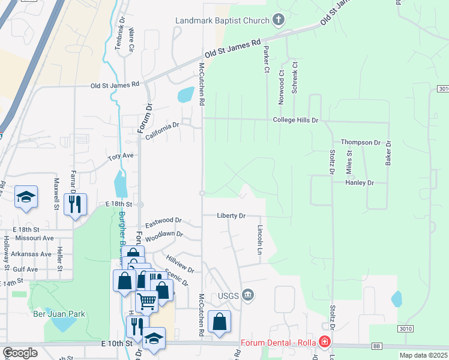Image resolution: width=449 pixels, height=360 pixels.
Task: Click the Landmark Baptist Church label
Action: coord(221,21)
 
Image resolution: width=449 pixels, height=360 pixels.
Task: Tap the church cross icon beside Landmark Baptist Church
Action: coord(277,21)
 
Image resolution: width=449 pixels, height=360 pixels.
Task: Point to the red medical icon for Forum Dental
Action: coord(325,342)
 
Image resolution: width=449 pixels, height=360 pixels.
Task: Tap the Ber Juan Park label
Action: coord(59,314)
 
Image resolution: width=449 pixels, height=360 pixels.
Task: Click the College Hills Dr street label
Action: coord(295,120)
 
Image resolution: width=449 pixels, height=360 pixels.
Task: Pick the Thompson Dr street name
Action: coord(361,142)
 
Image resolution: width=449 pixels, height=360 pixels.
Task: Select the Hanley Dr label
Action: coord(360,182)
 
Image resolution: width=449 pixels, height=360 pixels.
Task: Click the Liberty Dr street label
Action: coord(231,215)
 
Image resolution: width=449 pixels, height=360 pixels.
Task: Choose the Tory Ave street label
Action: coord(121,156)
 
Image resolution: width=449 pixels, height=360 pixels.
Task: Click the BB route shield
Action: coord(377,346)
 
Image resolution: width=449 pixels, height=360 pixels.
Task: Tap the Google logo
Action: coord(19,353)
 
